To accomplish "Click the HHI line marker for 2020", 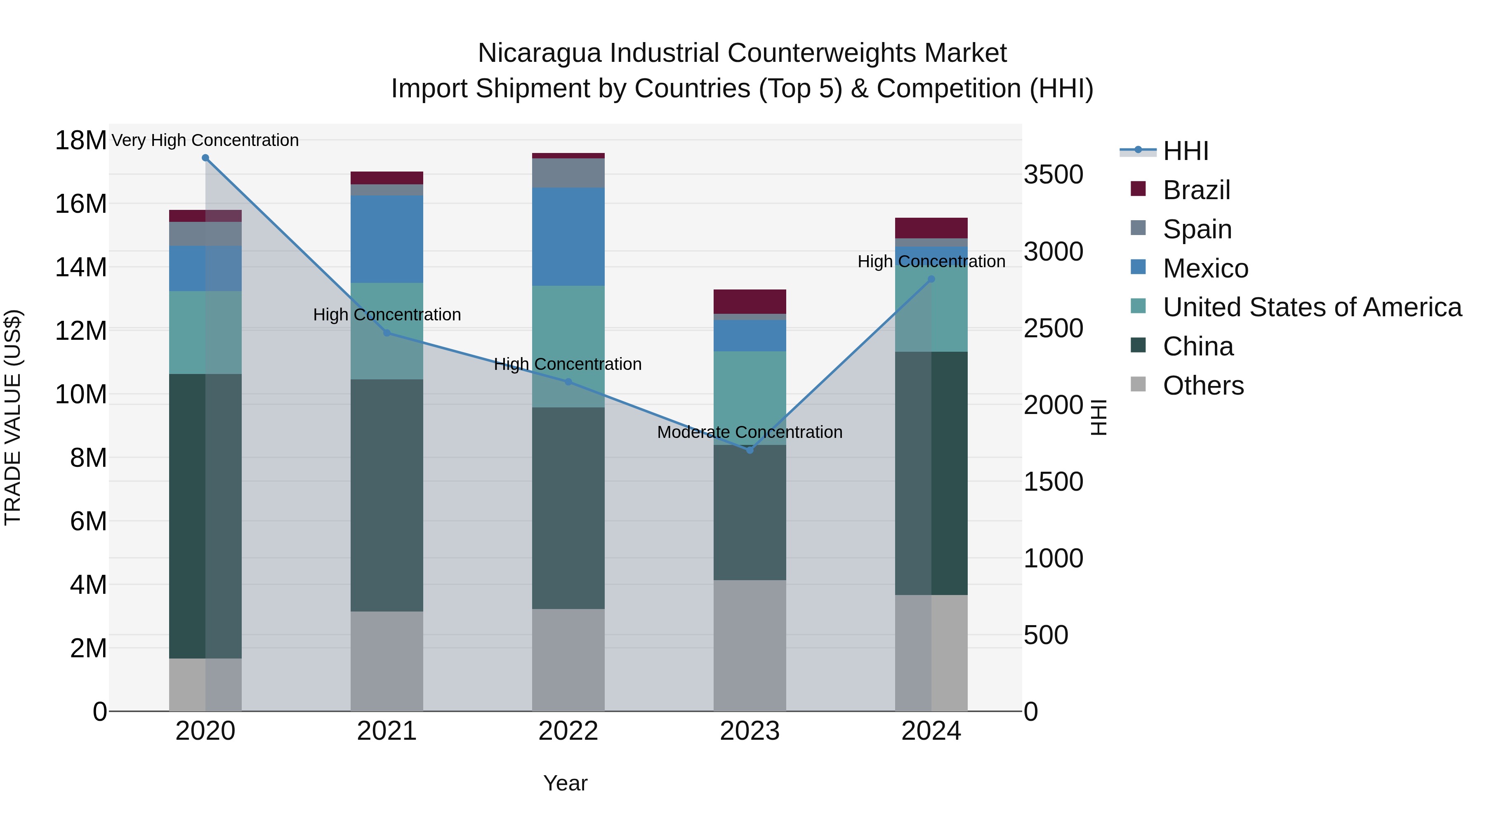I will pos(205,158).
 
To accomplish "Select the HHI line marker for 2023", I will pos(750,450).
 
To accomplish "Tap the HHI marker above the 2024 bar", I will pos(931,280).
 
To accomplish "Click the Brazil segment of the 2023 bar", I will pos(750,301).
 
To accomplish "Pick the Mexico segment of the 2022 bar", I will pos(568,236).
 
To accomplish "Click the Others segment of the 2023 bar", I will pos(750,645).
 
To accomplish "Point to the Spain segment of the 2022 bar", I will pos(568,173).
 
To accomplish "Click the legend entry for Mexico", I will pos(1205,268).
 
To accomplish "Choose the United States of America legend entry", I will pos(1311,307).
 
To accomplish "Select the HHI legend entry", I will pos(1185,151).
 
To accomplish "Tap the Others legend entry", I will pos(1202,386).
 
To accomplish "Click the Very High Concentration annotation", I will pos(205,140).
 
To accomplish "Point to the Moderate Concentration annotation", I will pos(750,432).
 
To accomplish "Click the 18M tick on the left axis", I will pos(81,141).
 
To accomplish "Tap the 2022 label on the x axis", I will pos(568,731).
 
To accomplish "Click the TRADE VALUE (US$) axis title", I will pos(13,417).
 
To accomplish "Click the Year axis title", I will pos(565,783).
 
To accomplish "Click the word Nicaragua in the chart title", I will pos(539,53).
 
